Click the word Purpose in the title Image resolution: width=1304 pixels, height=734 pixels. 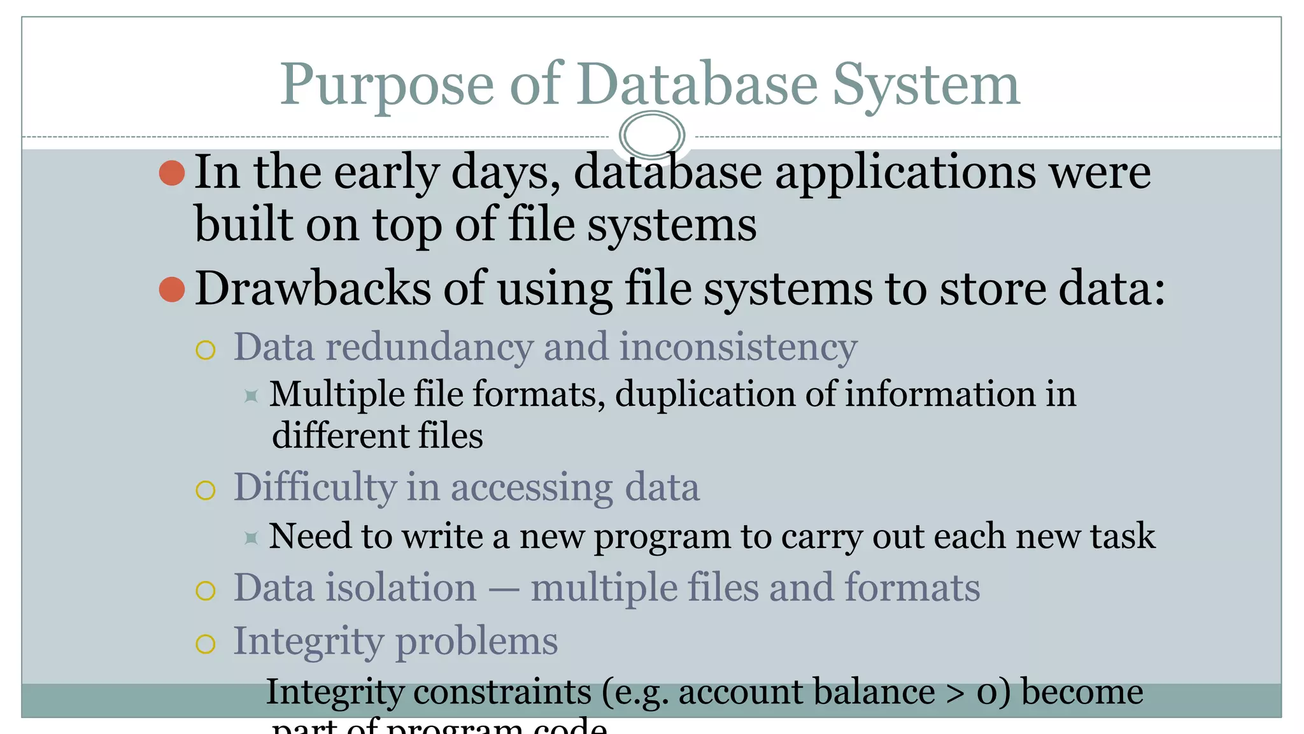(386, 85)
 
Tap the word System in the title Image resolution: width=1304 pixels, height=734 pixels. (926, 85)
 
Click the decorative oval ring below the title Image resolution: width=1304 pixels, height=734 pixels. (651, 135)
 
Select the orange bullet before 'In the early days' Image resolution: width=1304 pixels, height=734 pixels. (172, 173)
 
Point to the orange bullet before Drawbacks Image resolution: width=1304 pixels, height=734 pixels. (172, 289)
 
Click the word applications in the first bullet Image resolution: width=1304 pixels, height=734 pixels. (905, 173)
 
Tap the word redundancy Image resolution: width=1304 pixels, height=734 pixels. (429, 348)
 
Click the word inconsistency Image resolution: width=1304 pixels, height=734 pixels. (738, 348)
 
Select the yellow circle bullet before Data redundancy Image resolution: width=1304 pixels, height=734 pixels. (206, 350)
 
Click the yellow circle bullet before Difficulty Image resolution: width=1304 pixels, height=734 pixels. (206, 490)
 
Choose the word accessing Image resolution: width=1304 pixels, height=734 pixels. (532, 488)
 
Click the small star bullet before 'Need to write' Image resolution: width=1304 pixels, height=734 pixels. (252, 538)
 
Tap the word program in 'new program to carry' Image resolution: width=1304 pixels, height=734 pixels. (662, 537)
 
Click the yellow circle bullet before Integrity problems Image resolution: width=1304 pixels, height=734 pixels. (206, 644)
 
